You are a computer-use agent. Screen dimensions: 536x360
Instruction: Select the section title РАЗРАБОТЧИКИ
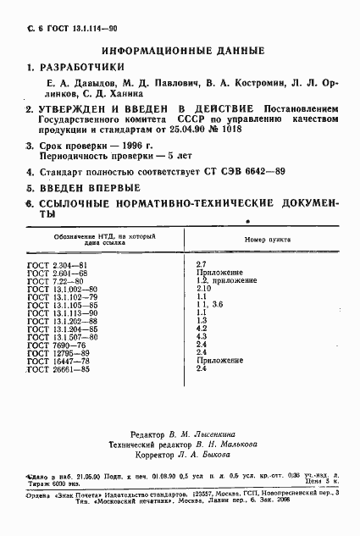coord(82,67)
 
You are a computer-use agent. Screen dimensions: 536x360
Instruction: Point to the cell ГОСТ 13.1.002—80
coord(63,290)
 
